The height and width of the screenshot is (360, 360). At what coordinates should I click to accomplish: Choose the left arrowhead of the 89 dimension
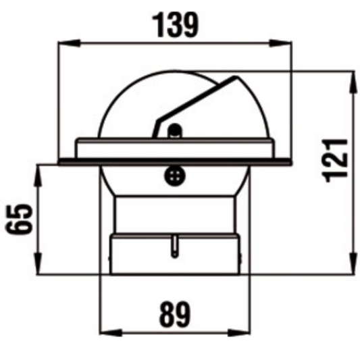105,332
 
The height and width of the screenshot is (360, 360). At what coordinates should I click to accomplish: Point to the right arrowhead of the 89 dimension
246,332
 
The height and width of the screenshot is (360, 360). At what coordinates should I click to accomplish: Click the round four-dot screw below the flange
175,175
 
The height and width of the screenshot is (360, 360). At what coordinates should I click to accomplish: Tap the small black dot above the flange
175,130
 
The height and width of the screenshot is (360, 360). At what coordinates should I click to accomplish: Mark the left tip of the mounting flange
60,161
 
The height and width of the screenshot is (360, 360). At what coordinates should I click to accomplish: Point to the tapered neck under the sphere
175,213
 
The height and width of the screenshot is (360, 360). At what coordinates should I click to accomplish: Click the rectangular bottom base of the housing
175,255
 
